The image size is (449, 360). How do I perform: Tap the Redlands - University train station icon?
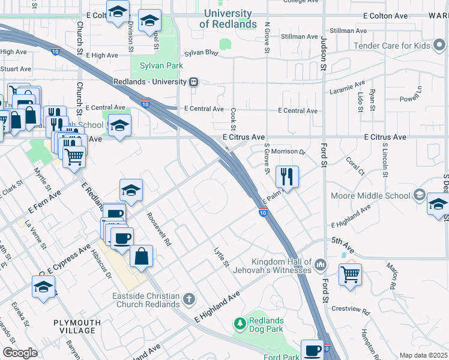pyautogui.click(x=193, y=82)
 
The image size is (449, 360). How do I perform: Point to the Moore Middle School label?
pyautogui.click(x=370, y=196)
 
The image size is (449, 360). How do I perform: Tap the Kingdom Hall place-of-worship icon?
pyautogui.click(x=322, y=265)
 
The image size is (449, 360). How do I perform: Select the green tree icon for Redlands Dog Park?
pyautogui.click(x=240, y=324)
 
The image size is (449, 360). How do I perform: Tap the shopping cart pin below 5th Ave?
pyautogui.click(x=350, y=275)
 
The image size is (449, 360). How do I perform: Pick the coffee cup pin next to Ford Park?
pyautogui.click(x=312, y=350)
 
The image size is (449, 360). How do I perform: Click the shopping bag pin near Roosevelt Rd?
pyautogui.click(x=141, y=256)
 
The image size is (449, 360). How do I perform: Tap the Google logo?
pyautogui.click(x=20, y=353)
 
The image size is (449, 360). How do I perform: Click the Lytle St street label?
pyautogui.click(x=221, y=256)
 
